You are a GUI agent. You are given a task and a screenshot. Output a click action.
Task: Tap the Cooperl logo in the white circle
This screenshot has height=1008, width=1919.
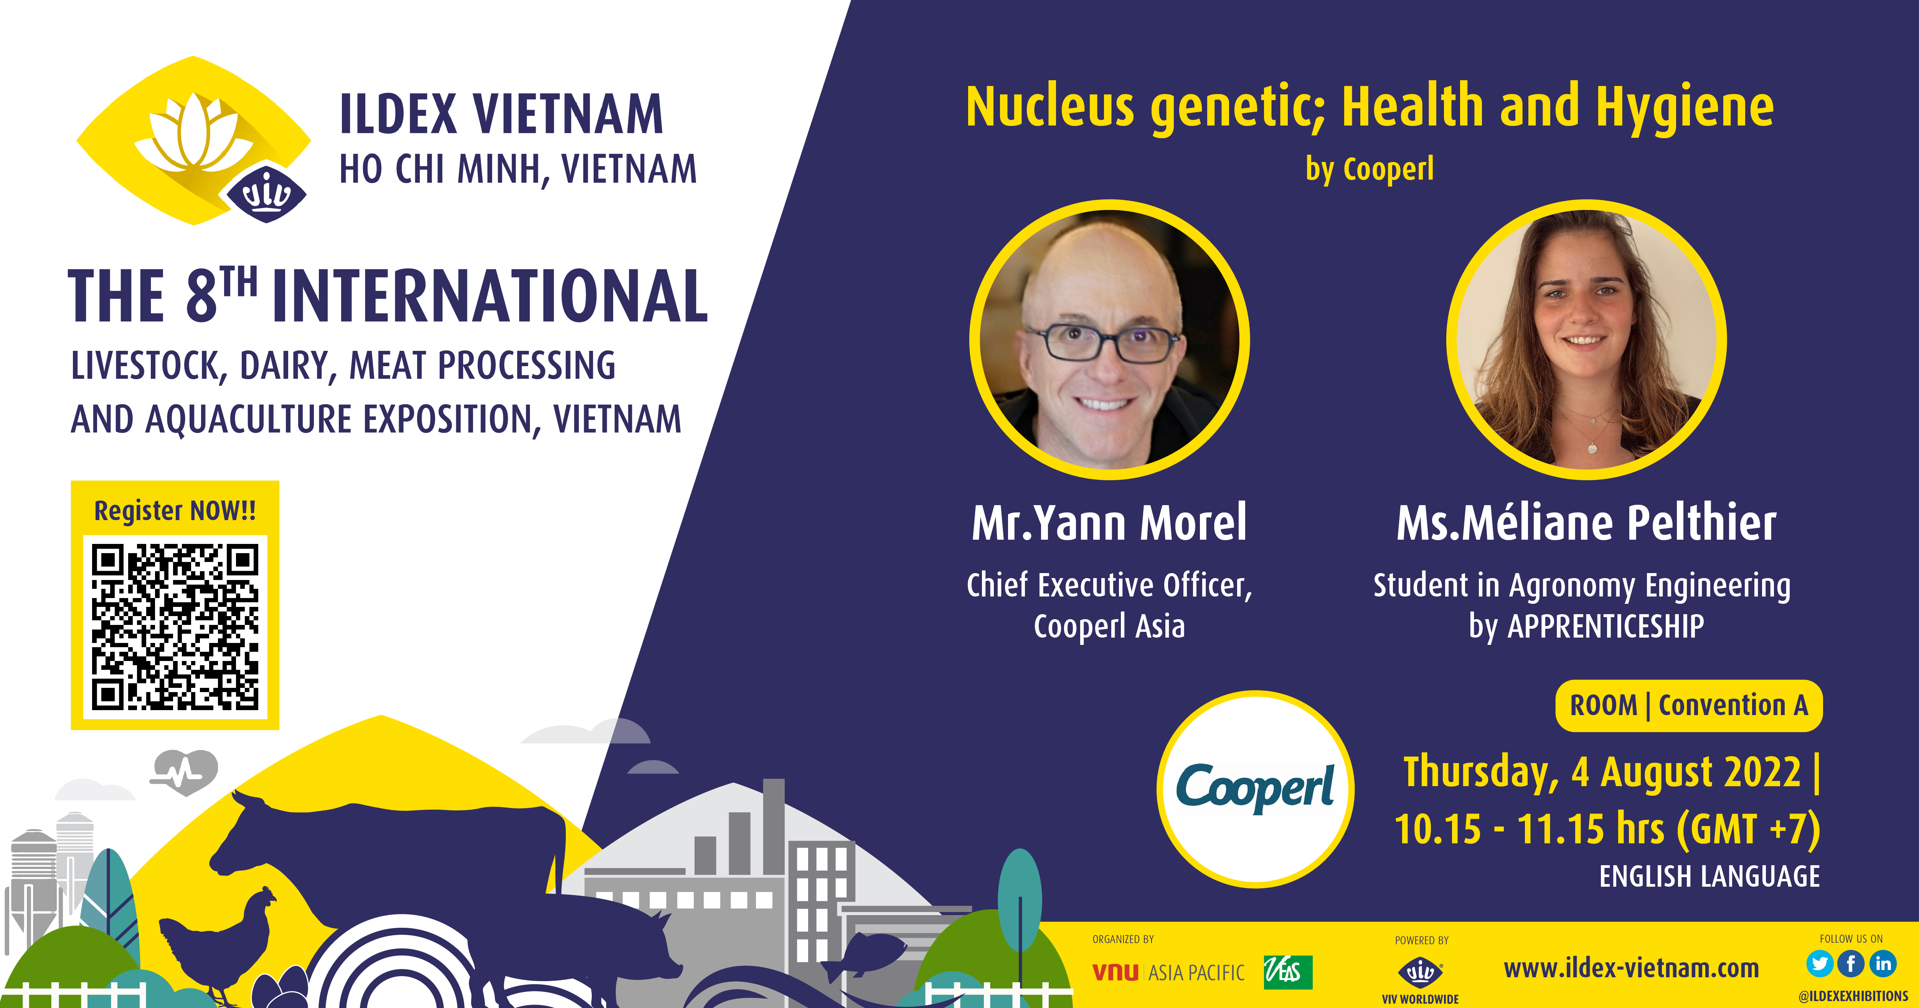1255,788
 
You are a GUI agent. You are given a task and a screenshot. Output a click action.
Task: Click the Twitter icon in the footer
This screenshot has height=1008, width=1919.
1819,964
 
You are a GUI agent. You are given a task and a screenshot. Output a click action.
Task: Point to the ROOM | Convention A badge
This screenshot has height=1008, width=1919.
1689,706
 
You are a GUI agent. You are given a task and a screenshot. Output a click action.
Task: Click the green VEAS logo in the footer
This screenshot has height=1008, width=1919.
1288,972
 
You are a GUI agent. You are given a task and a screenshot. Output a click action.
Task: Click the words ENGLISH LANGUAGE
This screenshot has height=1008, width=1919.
1709,876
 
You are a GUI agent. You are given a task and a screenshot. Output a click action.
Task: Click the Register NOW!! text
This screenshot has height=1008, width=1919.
175,511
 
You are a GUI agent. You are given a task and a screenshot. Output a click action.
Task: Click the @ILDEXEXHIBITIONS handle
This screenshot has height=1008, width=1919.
1853,996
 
